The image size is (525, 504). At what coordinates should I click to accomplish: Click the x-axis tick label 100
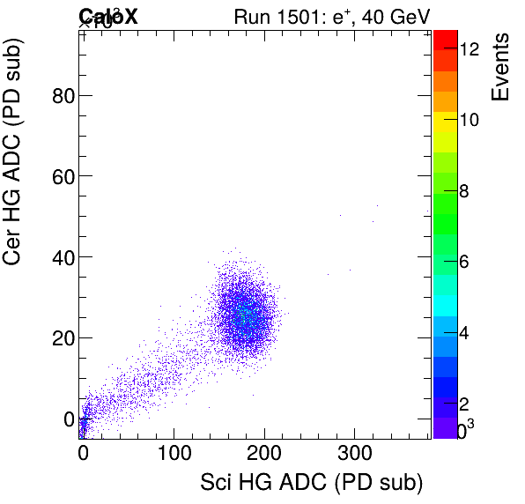point(173,455)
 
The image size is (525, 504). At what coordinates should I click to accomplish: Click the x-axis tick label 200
point(263,455)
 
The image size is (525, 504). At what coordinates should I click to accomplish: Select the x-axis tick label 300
point(354,455)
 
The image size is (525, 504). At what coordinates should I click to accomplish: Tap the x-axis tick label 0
point(83,455)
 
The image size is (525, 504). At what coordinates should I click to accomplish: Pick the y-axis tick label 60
point(61,176)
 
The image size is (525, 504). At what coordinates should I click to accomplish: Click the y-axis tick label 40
point(61,257)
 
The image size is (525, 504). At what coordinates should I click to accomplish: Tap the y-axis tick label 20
point(61,338)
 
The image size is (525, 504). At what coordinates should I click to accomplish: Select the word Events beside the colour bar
point(500,67)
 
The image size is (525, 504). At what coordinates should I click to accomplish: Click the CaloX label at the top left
point(108,16)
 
